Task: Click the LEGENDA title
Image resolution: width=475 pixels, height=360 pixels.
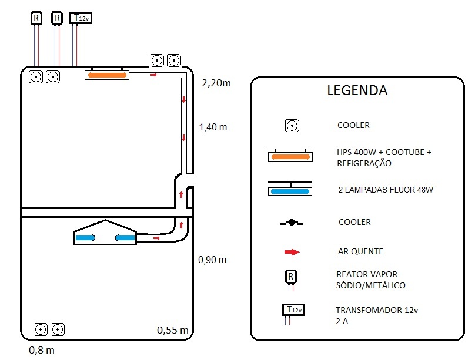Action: (357, 90)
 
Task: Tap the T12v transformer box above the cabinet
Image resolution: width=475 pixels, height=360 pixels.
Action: (81, 18)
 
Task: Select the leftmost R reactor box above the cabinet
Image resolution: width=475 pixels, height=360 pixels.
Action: (36, 18)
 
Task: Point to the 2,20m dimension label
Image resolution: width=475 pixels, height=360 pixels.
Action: (216, 83)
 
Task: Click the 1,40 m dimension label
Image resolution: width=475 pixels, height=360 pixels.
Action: (213, 127)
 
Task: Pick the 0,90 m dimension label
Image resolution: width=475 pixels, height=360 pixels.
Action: (212, 260)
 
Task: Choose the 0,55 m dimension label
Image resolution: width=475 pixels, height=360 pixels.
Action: (173, 330)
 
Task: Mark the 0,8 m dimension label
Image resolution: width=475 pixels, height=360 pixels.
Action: (42, 351)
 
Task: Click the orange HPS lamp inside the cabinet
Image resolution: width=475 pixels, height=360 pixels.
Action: (107, 75)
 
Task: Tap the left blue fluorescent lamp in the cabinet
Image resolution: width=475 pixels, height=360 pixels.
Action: (85, 238)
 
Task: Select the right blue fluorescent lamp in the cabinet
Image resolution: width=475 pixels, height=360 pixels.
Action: (125, 238)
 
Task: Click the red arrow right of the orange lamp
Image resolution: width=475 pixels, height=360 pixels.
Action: (154, 75)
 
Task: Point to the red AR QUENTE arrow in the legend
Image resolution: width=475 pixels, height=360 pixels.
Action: (292, 252)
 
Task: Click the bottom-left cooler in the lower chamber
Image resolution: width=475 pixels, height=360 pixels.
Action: (41, 329)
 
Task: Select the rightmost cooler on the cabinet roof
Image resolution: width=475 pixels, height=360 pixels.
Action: (174, 60)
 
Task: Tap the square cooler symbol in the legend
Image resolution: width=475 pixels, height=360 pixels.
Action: (292, 126)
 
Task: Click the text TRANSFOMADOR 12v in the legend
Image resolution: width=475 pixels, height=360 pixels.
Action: (377, 310)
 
